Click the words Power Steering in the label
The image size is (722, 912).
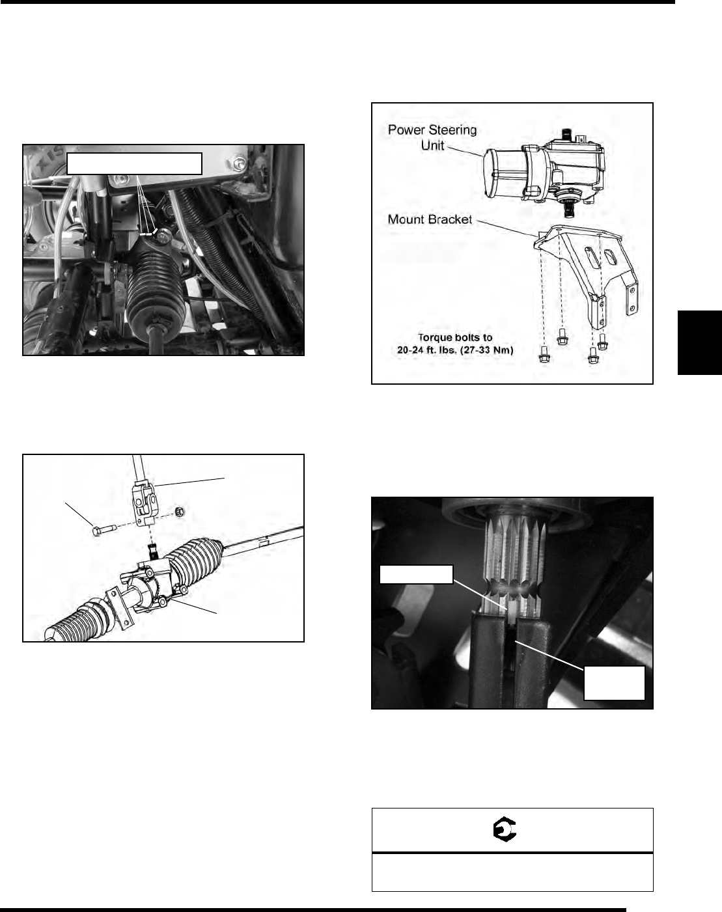pos(432,130)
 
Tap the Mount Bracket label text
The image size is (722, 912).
pos(430,219)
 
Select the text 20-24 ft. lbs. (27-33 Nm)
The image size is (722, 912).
pos(455,350)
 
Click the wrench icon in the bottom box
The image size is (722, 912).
pos(505,829)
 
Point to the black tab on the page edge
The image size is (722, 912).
pos(699,342)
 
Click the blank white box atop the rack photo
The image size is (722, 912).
pos(134,163)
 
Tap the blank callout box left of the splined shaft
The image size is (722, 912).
pos(416,574)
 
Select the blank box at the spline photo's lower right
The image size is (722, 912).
pos(615,683)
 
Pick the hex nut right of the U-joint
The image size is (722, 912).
pos(180,512)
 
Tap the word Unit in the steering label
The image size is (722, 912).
pos(432,145)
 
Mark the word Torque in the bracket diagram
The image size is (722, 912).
pos(434,337)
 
